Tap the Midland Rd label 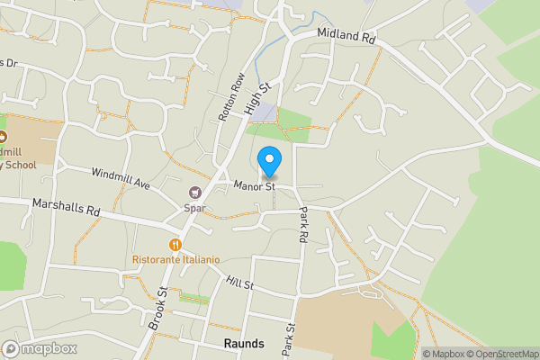[x=346, y=37]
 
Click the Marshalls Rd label [x=66, y=208]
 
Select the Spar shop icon [x=194, y=192]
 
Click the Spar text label [x=194, y=208]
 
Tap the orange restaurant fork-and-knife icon [x=175, y=243]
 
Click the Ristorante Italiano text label [x=175, y=259]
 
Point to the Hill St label [x=240, y=283]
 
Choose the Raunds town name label [x=244, y=344]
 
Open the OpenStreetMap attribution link [x=501, y=354]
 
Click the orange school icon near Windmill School [x=3, y=137]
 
